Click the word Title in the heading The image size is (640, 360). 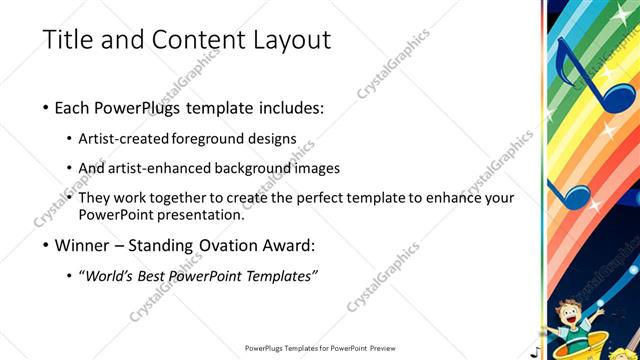coord(70,40)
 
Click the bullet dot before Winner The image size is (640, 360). coord(47,245)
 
